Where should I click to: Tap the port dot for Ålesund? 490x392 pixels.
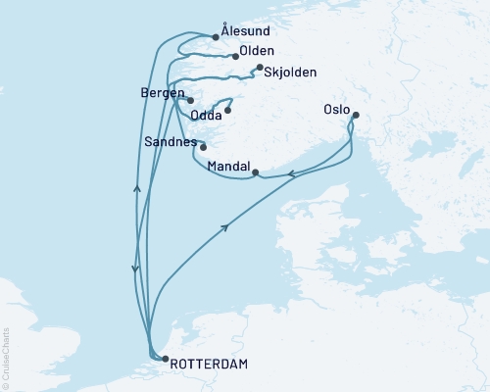tap(215, 38)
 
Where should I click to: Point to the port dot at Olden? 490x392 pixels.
tap(236, 56)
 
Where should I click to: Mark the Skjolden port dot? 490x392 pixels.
tap(259, 68)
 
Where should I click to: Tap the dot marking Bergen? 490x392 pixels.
tap(191, 100)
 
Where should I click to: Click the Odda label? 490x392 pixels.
tap(206, 115)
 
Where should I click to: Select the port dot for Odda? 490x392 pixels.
tap(227, 109)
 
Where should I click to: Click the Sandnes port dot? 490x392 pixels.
tap(203, 147)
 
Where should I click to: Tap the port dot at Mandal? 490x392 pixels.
tap(255, 173)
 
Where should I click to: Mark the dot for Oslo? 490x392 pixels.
tap(355, 116)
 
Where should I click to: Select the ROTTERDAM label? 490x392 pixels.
tap(209, 364)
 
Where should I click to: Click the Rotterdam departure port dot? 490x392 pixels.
tap(164, 359)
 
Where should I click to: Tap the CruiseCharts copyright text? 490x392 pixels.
tap(6, 358)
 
